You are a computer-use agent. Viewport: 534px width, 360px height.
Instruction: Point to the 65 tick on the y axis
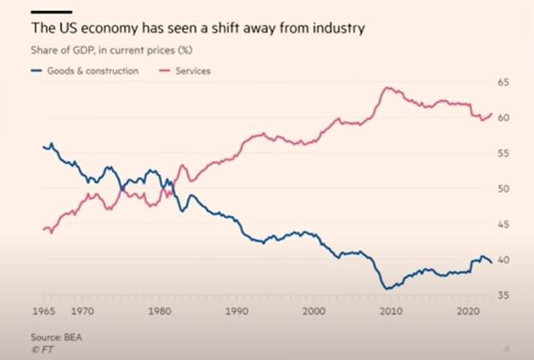tap(503, 82)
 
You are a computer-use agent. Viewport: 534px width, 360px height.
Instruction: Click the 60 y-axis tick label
tap(503, 117)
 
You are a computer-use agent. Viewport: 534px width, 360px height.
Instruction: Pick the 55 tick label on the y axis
tap(503, 153)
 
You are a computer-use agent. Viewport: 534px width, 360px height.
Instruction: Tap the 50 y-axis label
tap(503, 188)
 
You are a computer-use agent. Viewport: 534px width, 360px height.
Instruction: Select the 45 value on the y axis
tap(503, 224)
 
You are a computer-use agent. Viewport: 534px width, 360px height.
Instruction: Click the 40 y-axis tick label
tap(503, 260)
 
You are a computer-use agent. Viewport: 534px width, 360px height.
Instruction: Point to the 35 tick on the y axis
tap(503, 295)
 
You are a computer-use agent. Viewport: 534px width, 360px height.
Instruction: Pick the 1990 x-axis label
tap(236, 312)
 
